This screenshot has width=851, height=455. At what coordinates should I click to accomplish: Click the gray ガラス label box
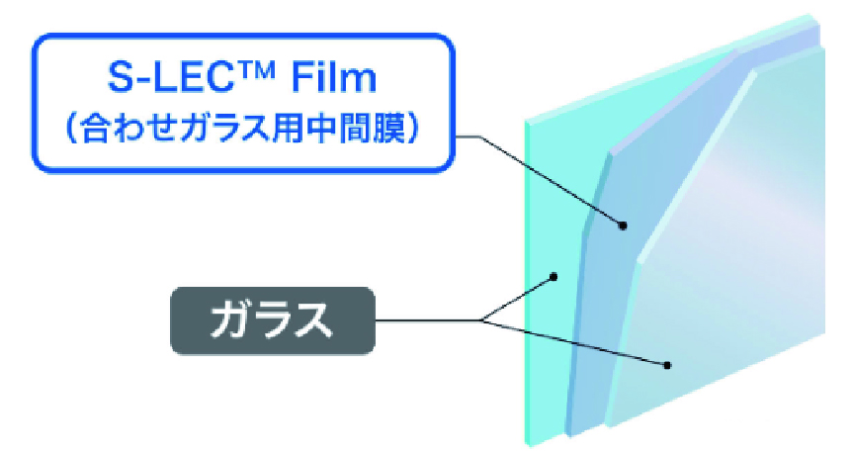pos(273,320)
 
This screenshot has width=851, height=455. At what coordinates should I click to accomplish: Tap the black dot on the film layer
pos(623,226)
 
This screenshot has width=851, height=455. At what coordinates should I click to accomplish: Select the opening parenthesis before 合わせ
pos(71,130)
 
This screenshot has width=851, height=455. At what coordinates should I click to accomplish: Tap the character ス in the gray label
pos(313,320)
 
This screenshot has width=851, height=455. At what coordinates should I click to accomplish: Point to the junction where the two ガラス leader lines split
pos(482,320)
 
